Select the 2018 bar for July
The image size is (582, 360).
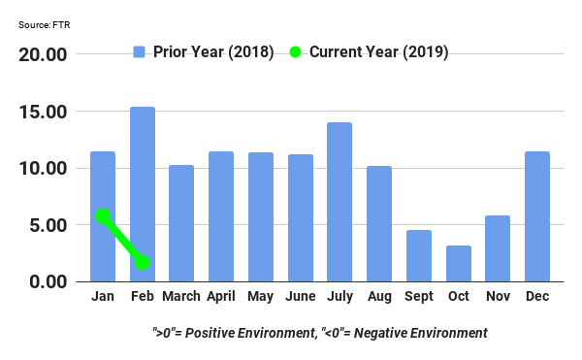[339, 202]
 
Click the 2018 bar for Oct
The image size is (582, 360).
[459, 264]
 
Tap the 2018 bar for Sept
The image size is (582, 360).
[419, 256]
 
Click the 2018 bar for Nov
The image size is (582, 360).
[498, 248]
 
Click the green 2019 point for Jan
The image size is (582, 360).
[103, 215]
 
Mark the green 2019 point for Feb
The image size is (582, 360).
[143, 263]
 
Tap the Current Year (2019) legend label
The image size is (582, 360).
[378, 51]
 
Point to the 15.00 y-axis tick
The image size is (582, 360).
[43, 112]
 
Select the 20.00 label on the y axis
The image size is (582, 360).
[43, 54]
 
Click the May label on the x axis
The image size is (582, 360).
[260, 296]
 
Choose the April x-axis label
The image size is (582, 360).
[221, 296]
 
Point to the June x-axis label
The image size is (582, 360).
[300, 296]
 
